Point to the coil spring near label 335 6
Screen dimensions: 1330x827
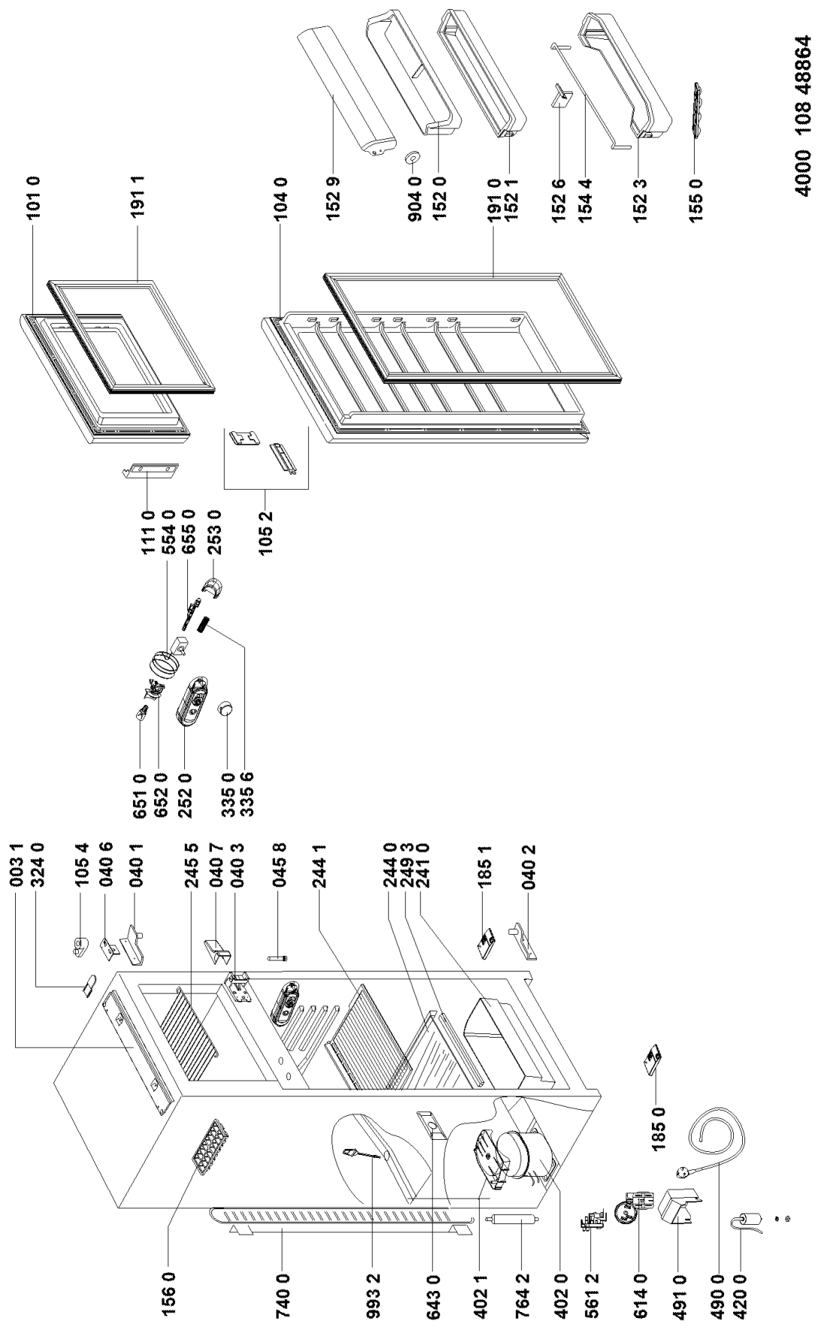coord(202,623)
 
